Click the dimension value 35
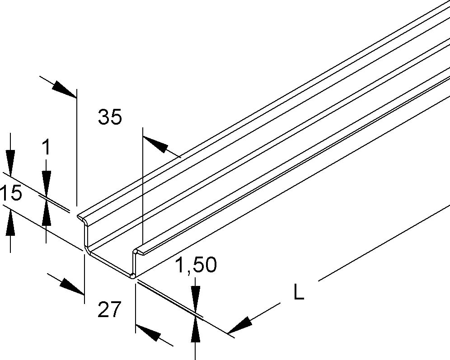[x=110, y=118]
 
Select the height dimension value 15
[x=10, y=194]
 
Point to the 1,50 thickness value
[x=196, y=266]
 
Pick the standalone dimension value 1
[x=46, y=148]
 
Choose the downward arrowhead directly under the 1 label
[x=46, y=178]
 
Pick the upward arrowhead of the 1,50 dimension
[x=196, y=331]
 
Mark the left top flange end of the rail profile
[x=80, y=216]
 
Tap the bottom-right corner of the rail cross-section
[x=132, y=276]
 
